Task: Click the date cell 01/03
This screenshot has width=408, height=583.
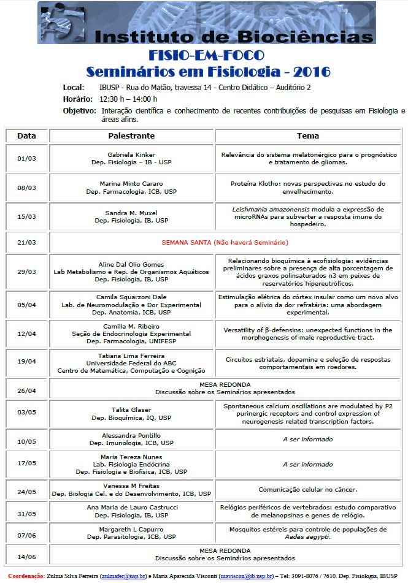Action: coord(27,158)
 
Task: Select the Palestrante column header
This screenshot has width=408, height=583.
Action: coord(131,135)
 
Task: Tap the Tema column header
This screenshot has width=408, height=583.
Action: coord(308,135)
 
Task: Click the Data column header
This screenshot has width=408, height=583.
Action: coord(27,135)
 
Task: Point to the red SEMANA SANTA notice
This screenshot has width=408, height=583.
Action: coord(224,242)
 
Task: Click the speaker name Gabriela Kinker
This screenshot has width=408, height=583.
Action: coord(131,154)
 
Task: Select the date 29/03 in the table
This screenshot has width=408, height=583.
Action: coord(27,272)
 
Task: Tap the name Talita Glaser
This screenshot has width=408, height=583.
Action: coord(131,410)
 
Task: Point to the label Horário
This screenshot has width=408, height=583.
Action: coord(77,99)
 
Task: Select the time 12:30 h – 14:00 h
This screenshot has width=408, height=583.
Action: coord(128,99)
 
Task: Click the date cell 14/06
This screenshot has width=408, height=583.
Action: coord(27,557)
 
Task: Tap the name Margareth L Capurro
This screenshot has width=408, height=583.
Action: coord(131,529)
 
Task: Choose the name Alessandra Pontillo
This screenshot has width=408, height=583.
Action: coord(131,435)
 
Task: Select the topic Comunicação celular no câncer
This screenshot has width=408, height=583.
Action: coord(308,490)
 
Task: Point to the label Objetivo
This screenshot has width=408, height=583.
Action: coord(79,111)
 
